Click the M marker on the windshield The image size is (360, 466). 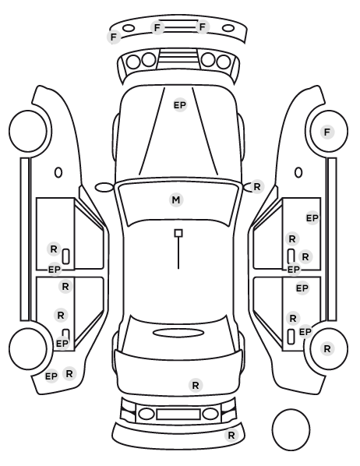coord(176,199)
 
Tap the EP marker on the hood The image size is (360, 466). coord(180,105)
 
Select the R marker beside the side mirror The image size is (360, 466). coord(257,187)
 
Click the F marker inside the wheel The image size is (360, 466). coord(327,132)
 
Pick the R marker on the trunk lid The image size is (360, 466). coord(196,386)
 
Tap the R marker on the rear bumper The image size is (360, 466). coord(231,436)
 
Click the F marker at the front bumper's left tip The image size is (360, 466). coord(114,37)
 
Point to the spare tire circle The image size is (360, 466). coord(291,429)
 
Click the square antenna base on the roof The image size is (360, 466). coord(178,233)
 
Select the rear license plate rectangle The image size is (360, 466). coord(178,414)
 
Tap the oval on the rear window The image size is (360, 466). coord(178,333)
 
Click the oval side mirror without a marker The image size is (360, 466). coord(104,187)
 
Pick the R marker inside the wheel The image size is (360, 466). coord(327,348)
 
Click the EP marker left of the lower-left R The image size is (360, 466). coord(51,376)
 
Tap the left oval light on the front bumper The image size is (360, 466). coord(129,28)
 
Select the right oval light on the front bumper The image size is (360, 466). coord(228,29)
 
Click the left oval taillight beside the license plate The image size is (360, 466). coord(146,414)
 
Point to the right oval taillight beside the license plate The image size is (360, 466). coord(210,414)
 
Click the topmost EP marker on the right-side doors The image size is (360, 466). coord(312,218)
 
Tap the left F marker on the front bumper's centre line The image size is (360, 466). coord(157,27)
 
